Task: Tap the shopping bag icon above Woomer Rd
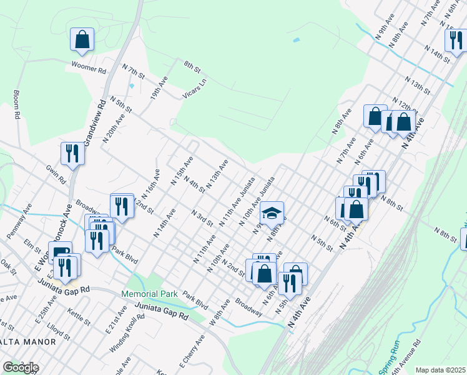pyautogui.click(x=82, y=39)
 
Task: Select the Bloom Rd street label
pyautogui.click(x=17, y=106)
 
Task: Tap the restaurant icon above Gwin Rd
pyautogui.click(x=72, y=154)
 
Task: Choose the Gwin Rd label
pyautogui.click(x=56, y=174)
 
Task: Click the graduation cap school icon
pyautogui.click(x=272, y=213)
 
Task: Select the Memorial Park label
pyautogui.click(x=150, y=294)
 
